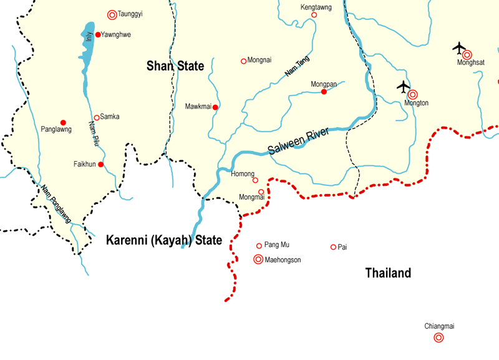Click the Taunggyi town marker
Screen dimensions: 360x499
coord(112,14)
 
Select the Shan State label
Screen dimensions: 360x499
coord(175,66)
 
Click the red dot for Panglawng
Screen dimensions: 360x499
coord(63,122)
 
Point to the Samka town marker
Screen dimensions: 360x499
coord(97,117)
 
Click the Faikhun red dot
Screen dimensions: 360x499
coord(100,165)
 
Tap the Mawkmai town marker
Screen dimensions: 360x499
coord(215,107)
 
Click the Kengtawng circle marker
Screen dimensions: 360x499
coord(314,15)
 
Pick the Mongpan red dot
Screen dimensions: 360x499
coord(324,92)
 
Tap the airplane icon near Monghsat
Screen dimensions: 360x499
coord(459,47)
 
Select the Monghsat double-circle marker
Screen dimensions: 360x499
coord(467,55)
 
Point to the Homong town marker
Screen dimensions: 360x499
coord(255,180)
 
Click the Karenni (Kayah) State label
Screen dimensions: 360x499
coord(164,240)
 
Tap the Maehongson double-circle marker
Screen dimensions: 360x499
coord(258,260)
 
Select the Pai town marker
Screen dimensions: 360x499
coord(333,247)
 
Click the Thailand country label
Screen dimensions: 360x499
coord(388,273)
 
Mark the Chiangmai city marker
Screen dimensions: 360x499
coord(438,338)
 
